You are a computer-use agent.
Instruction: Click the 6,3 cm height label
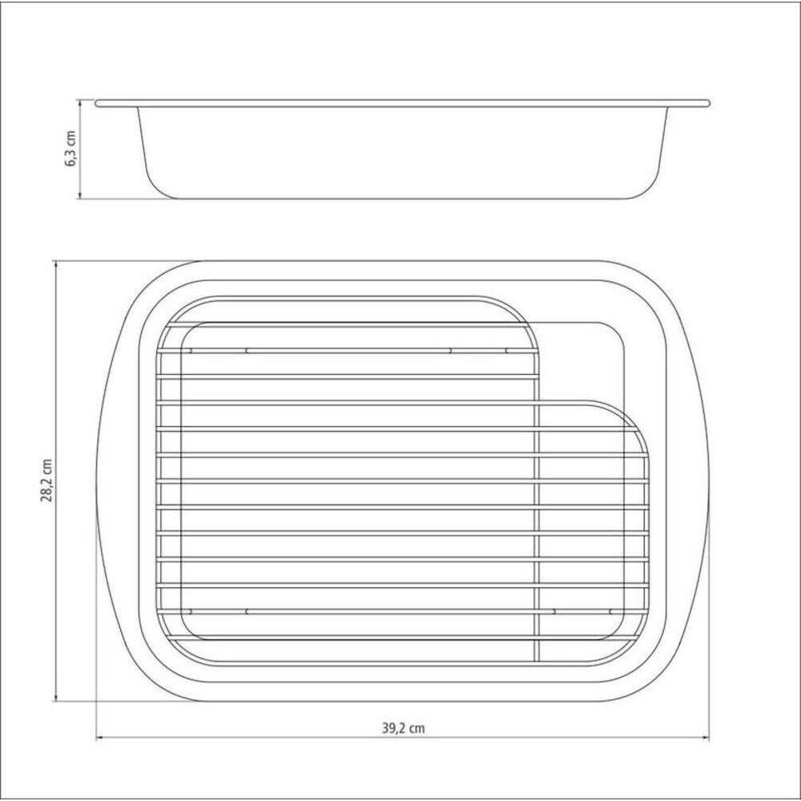tap(70, 149)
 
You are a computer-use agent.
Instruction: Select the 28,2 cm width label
tap(47, 480)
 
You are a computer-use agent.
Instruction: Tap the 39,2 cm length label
tap(403, 728)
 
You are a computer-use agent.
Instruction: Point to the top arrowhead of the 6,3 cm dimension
tap(79, 103)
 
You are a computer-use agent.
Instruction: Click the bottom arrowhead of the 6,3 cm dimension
tap(79, 195)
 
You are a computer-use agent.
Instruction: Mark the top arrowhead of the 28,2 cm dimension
tap(56, 264)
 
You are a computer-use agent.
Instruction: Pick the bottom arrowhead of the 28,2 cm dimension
tap(56, 698)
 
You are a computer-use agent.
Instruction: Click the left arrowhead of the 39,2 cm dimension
tap(100, 738)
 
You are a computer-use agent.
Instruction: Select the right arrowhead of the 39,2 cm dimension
tap(706, 738)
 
